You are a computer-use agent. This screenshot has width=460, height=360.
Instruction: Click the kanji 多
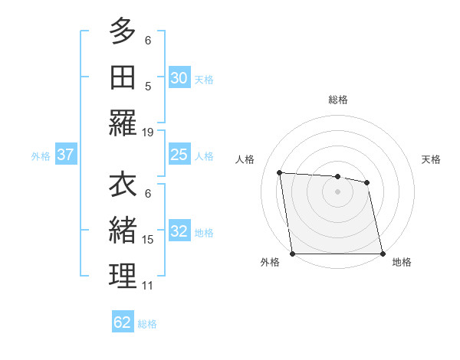[x=123, y=31]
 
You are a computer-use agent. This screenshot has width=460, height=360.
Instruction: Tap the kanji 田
[x=123, y=77]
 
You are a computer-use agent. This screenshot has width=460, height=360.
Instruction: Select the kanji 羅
[x=123, y=123]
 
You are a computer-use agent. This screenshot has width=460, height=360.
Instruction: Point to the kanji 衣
[x=123, y=185]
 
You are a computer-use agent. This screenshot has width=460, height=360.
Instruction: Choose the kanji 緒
[x=123, y=230]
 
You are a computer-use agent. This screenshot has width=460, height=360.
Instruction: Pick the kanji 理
[x=123, y=276]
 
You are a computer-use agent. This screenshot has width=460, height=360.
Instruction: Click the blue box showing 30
[x=179, y=78]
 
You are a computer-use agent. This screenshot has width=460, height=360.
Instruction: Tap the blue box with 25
[x=179, y=155]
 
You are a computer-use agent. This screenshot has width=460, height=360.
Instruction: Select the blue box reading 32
[x=179, y=232]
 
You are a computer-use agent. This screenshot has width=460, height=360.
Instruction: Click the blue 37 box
[x=65, y=155]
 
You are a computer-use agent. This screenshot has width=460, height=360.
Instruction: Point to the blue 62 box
[x=123, y=322]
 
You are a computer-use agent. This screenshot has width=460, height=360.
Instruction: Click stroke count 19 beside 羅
[x=148, y=132]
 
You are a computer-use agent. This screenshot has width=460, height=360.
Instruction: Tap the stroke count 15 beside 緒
[x=148, y=239]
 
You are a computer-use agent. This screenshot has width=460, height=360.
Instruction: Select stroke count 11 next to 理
[x=148, y=286]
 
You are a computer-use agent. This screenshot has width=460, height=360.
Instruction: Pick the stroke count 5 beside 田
[x=148, y=86]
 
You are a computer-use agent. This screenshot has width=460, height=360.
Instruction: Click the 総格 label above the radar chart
[x=338, y=100]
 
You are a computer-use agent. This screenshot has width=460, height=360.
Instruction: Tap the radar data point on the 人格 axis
[x=279, y=172]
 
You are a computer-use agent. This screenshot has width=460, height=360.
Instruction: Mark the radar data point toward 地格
[x=383, y=254]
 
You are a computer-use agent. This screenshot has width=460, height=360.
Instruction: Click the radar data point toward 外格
[x=293, y=254]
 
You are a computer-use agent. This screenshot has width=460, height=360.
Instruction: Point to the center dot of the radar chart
[x=338, y=191]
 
